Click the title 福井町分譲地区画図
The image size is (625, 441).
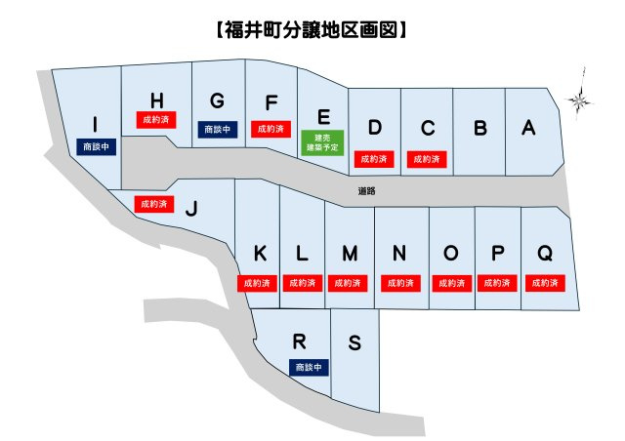(x=310, y=30)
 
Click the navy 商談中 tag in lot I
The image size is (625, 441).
(x=96, y=146)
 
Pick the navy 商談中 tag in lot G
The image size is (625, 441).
(x=216, y=129)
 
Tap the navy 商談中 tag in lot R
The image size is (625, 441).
(x=311, y=367)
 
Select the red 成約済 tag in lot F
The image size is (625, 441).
(x=270, y=129)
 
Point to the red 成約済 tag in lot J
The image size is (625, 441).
(x=153, y=204)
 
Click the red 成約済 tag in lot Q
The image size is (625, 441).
(x=544, y=283)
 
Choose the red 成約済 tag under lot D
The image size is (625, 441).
(x=373, y=157)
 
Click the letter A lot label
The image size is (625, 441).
(x=528, y=127)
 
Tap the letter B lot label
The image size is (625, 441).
(x=479, y=127)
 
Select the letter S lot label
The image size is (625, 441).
(x=354, y=342)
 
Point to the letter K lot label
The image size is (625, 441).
(x=260, y=254)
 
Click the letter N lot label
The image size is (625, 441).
(x=398, y=254)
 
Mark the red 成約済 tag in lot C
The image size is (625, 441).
(x=427, y=157)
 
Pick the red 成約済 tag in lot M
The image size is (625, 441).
(x=350, y=283)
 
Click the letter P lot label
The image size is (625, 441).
(x=497, y=254)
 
